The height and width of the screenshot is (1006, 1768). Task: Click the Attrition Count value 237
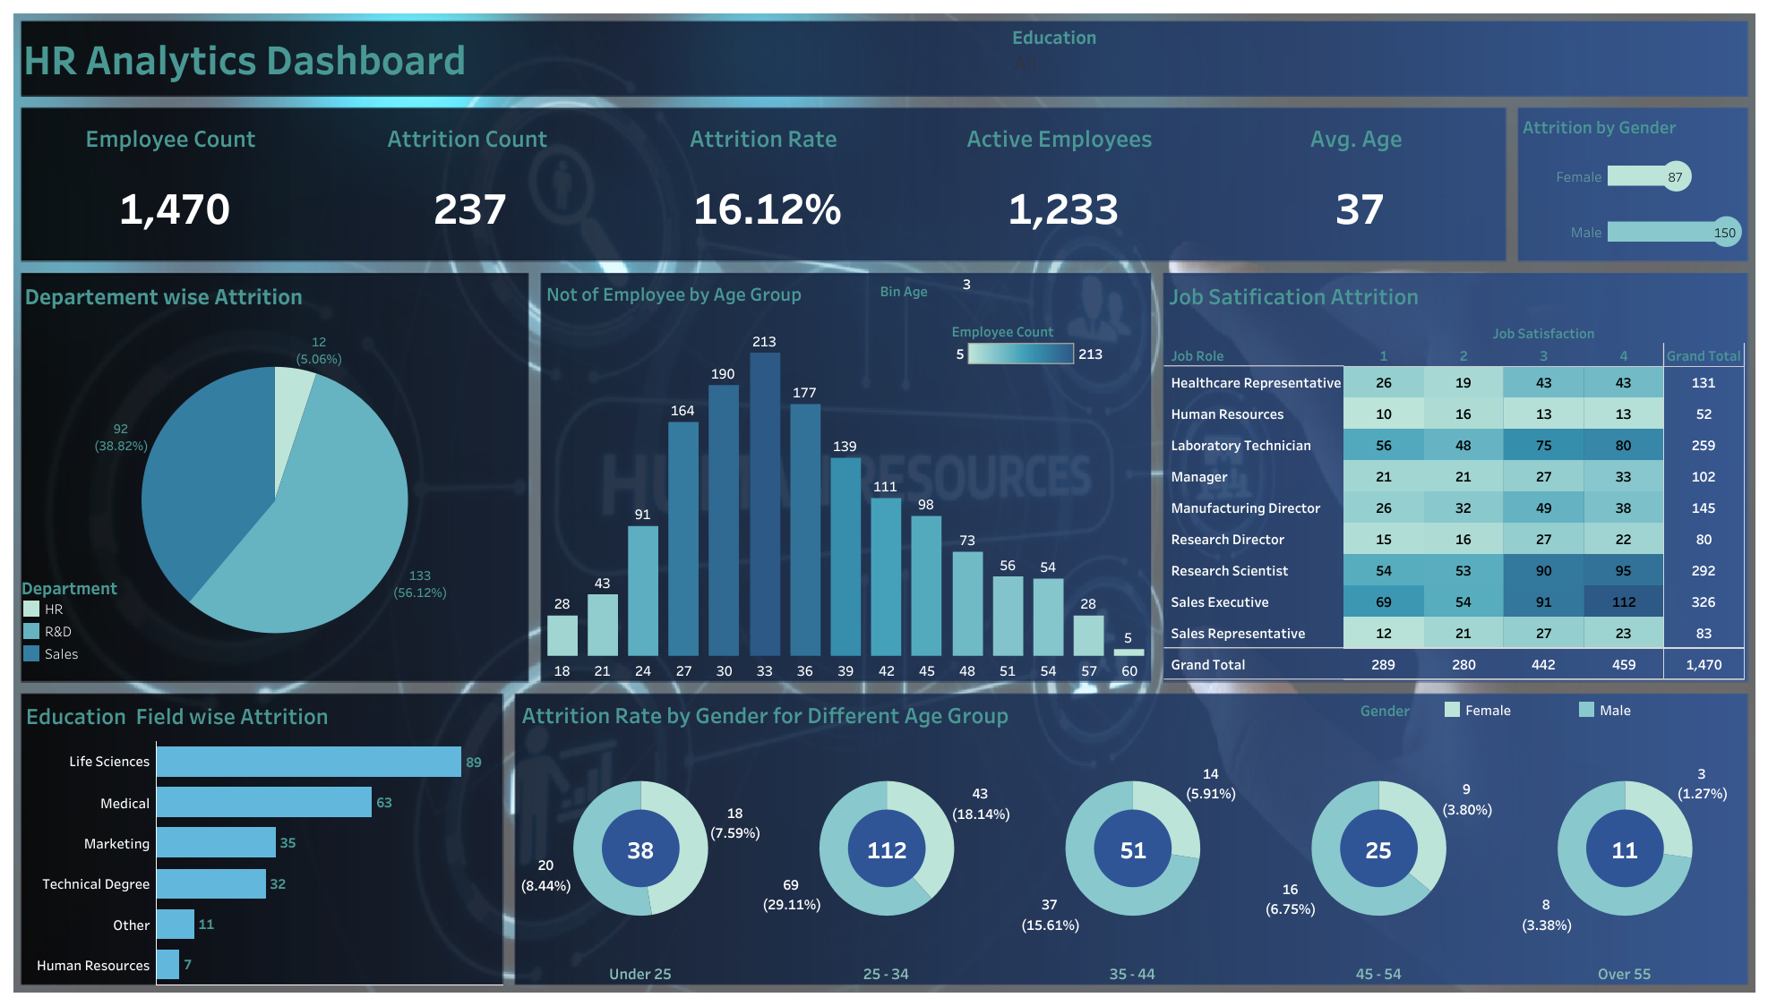click(469, 210)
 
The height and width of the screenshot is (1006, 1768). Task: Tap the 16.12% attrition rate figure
click(767, 210)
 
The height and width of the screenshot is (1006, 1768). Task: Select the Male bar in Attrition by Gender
click(1666, 233)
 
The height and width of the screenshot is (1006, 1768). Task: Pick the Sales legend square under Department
click(31, 654)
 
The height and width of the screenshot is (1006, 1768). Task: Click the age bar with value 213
click(764, 501)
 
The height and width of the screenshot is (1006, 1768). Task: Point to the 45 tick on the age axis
click(926, 671)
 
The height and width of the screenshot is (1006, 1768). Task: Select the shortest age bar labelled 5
click(1129, 652)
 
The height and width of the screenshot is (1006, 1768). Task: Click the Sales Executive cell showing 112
click(1623, 602)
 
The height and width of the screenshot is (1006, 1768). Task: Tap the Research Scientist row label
click(1229, 571)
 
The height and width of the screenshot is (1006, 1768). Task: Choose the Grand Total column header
click(1703, 356)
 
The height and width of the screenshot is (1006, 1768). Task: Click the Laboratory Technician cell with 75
click(1543, 446)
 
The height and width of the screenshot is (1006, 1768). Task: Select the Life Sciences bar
click(308, 762)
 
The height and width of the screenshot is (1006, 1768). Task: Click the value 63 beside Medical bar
click(384, 803)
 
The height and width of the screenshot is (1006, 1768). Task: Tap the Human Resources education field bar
click(167, 965)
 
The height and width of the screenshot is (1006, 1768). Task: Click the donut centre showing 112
click(887, 850)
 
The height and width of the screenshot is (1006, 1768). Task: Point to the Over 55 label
click(1624, 974)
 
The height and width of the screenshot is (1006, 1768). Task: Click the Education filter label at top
click(1053, 38)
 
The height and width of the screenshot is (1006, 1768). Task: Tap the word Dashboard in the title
click(365, 61)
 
